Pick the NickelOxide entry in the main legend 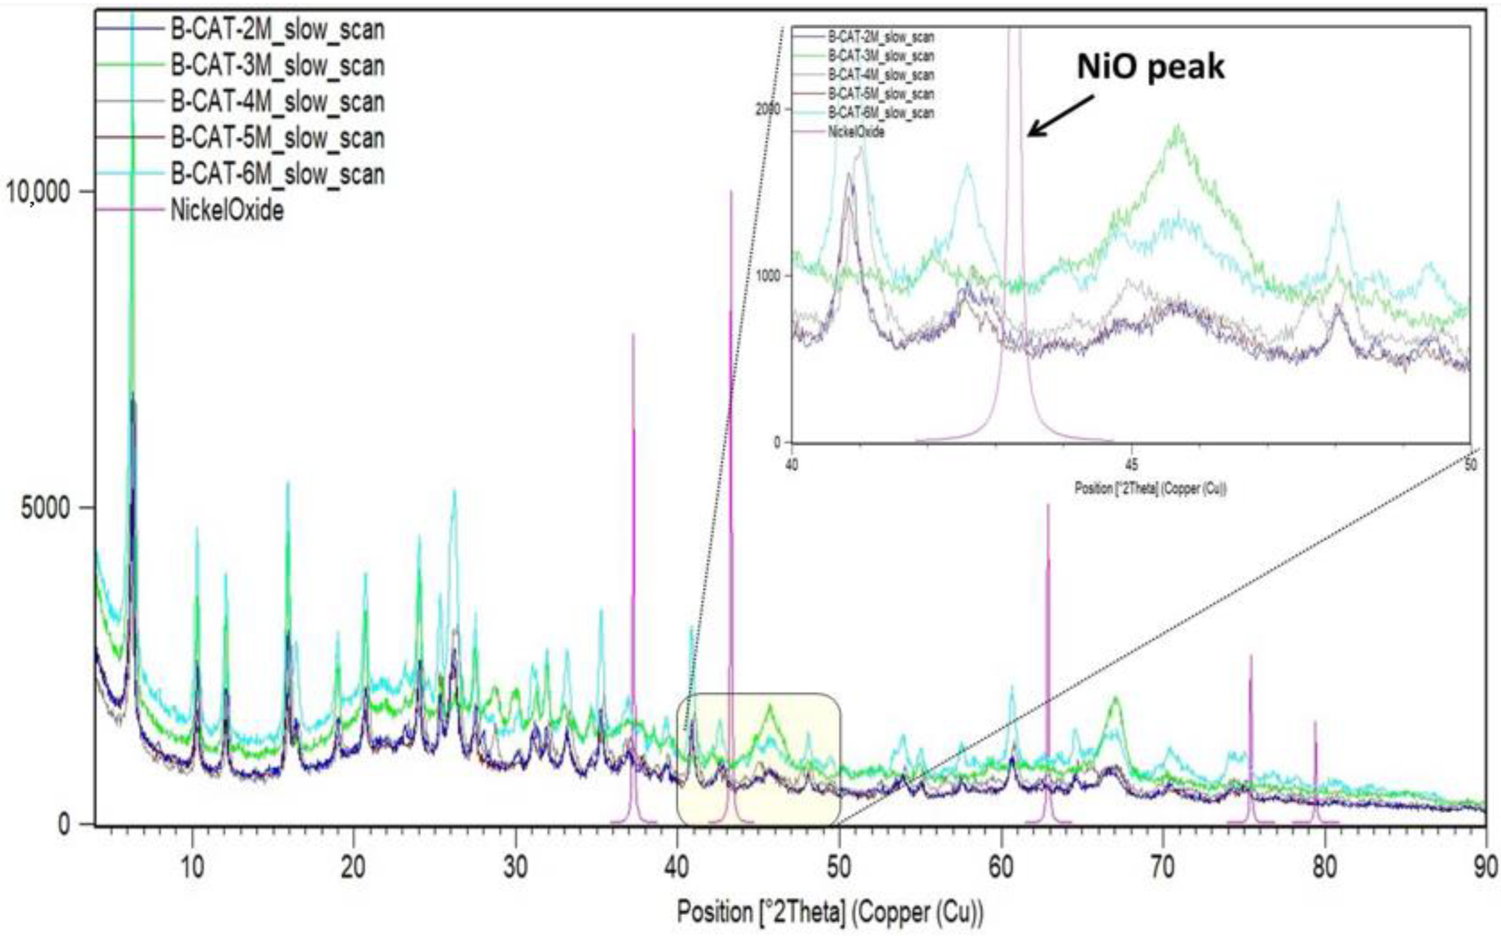pyautogui.click(x=227, y=210)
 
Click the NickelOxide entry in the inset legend pyautogui.click(x=856, y=132)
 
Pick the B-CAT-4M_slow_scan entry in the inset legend pyautogui.click(x=881, y=75)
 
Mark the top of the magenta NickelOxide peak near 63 pyautogui.click(x=1048, y=505)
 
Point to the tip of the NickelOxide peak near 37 pyautogui.click(x=633, y=335)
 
